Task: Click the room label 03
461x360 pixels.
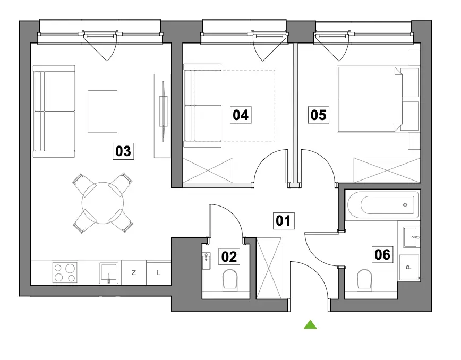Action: coord(123,151)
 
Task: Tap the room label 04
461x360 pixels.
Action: coord(241,115)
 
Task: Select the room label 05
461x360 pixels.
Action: coord(319,115)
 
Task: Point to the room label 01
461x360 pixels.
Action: coord(283,221)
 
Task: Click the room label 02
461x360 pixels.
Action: coord(229,257)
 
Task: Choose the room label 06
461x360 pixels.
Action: coord(382,254)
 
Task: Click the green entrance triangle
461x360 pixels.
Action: coord(310,324)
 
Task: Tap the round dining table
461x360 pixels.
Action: coord(103,203)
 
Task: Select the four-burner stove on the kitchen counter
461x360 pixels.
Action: coord(65,272)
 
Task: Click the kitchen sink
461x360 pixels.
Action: coord(109,273)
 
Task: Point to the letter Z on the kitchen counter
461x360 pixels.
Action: coord(134,273)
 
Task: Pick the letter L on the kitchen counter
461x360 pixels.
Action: coord(159,273)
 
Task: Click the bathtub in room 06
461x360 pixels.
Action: coord(383,205)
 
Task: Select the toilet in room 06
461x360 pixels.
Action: coord(364,279)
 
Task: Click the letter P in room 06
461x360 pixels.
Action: coord(408,268)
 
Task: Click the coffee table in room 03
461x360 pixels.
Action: coord(103,112)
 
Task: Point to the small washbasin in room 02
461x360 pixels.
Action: coord(207,261)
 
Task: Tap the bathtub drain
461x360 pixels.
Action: coord(405,205)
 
